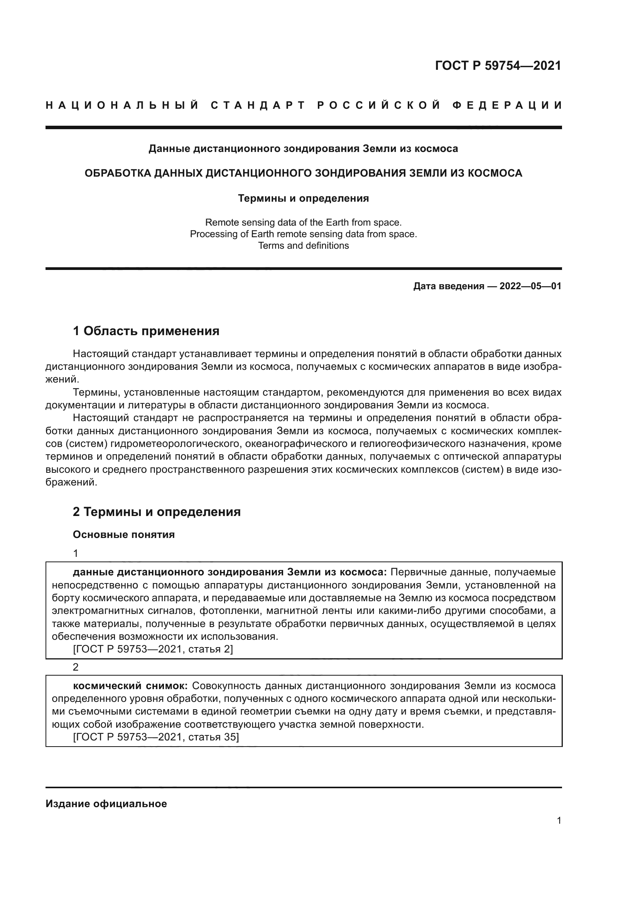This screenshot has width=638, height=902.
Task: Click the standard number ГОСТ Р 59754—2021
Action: click(498, 66)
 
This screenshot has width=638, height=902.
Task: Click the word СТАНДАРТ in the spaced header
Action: click(258, 105)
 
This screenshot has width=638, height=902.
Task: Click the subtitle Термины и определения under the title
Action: click(303, 198)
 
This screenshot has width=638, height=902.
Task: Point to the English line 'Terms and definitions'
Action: click(303, 246)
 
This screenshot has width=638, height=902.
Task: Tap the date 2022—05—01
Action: click(530, 286)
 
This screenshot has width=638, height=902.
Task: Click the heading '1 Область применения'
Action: click(146, 331)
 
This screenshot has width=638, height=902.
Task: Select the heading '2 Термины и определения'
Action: click(157, 512)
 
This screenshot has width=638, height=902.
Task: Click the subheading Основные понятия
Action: click(124, 534)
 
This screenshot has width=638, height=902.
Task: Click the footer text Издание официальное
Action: click(106, 804)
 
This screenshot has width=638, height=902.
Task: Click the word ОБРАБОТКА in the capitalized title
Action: click(118, 173)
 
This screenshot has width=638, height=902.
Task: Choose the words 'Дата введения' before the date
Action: click(448, 286)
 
